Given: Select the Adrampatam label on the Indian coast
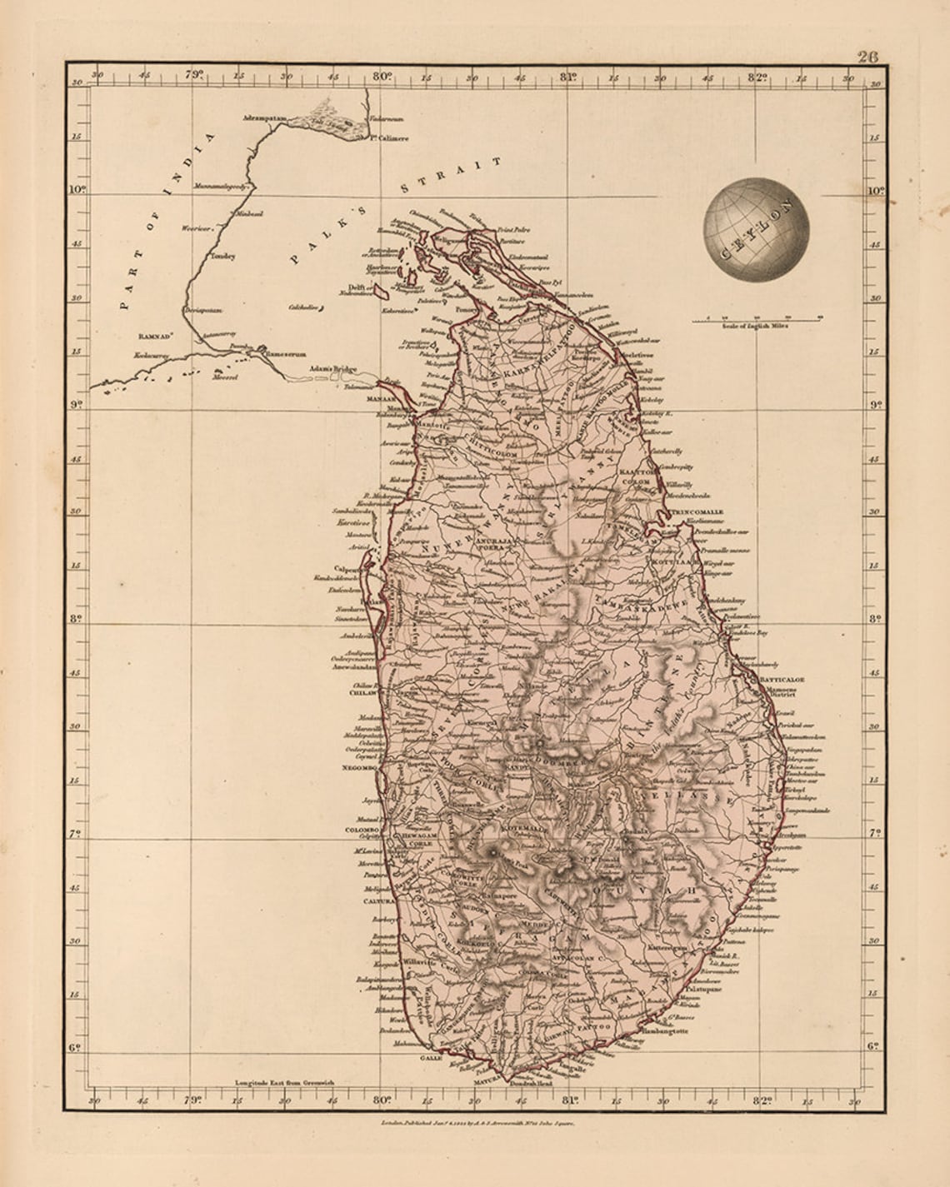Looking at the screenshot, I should (264, 118).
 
